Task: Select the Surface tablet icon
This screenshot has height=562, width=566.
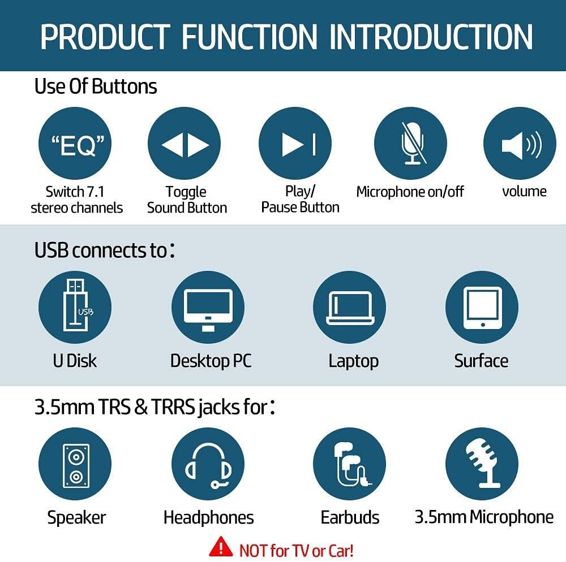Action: pos(482,307)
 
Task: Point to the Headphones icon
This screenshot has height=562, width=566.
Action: pos(208,465)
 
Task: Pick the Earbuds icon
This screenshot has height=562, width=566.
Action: pos(349,465)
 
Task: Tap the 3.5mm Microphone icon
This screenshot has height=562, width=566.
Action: pos(482,465)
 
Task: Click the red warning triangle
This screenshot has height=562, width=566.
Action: pos(221,548)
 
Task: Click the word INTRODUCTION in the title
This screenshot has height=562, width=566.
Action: pos(431,36)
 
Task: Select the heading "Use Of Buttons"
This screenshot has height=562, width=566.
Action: pos(96,87)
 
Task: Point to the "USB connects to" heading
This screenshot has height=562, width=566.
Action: pos(105,250)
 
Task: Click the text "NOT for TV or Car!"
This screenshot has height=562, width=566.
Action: pos(296,550)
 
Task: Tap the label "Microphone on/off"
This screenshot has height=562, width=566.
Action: pos(410,192)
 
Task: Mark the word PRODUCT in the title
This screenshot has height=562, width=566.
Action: pos(105,36)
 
